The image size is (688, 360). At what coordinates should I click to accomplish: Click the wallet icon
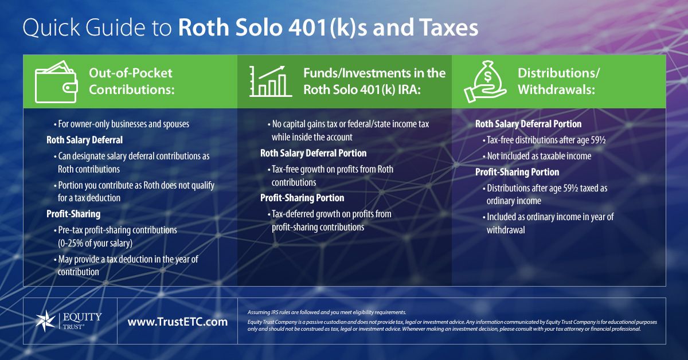pos(56,82)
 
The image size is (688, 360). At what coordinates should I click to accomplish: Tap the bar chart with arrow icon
pos(270,81)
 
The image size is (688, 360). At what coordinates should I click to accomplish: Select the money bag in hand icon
pos(484,82)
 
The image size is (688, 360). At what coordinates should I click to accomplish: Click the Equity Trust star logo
pos(45,320)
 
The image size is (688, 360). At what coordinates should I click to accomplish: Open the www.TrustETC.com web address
pos(178,322)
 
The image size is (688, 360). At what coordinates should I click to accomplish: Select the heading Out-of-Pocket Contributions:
pos(131,81)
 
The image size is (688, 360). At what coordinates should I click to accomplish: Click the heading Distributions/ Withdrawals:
pos(558,81)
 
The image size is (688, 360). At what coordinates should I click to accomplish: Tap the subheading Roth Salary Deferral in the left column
pos(84,140)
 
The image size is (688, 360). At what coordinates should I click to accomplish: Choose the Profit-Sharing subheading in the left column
pos(73,214)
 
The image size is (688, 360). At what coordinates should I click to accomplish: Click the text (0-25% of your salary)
pos(95,243)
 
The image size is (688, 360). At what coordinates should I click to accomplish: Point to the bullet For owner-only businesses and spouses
pos(122,124)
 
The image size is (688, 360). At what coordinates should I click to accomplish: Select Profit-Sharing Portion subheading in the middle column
pos(302,198)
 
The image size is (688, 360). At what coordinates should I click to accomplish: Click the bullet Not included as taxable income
pos(537,156)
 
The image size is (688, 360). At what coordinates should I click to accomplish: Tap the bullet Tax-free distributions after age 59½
pos(544,140)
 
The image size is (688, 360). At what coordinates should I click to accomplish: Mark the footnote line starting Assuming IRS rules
pos(327,312)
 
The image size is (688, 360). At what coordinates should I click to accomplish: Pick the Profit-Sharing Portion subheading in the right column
pos(517,172)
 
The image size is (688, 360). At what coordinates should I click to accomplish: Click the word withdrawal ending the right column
pos(506,230)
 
